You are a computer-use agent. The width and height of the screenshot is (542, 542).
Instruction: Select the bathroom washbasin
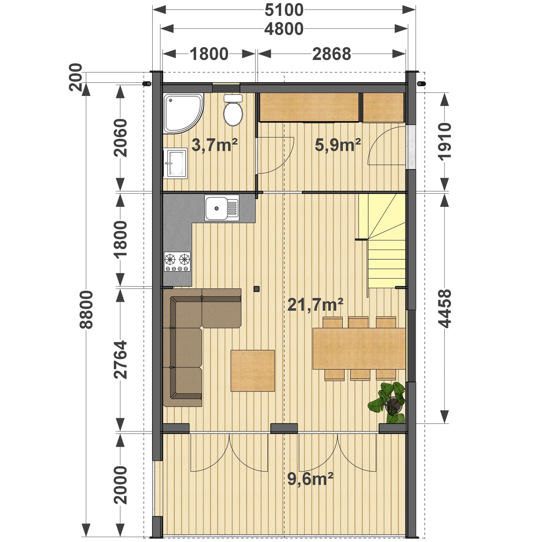point(175,163)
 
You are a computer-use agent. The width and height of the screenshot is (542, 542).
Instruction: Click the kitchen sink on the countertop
point(222,208)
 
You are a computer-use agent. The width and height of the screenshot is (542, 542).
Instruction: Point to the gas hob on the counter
point(177,262)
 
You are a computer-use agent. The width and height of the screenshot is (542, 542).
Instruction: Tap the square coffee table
point(253,371)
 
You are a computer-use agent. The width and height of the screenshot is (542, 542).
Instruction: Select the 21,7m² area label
point(315,305)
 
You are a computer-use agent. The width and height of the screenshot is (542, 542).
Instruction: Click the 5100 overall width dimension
point(284,10)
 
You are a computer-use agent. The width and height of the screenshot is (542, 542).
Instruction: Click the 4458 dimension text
point(444,309)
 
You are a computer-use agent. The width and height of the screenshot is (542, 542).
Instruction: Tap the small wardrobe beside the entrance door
point(383,107)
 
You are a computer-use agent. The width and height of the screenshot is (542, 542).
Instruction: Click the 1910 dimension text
point(444,142)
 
